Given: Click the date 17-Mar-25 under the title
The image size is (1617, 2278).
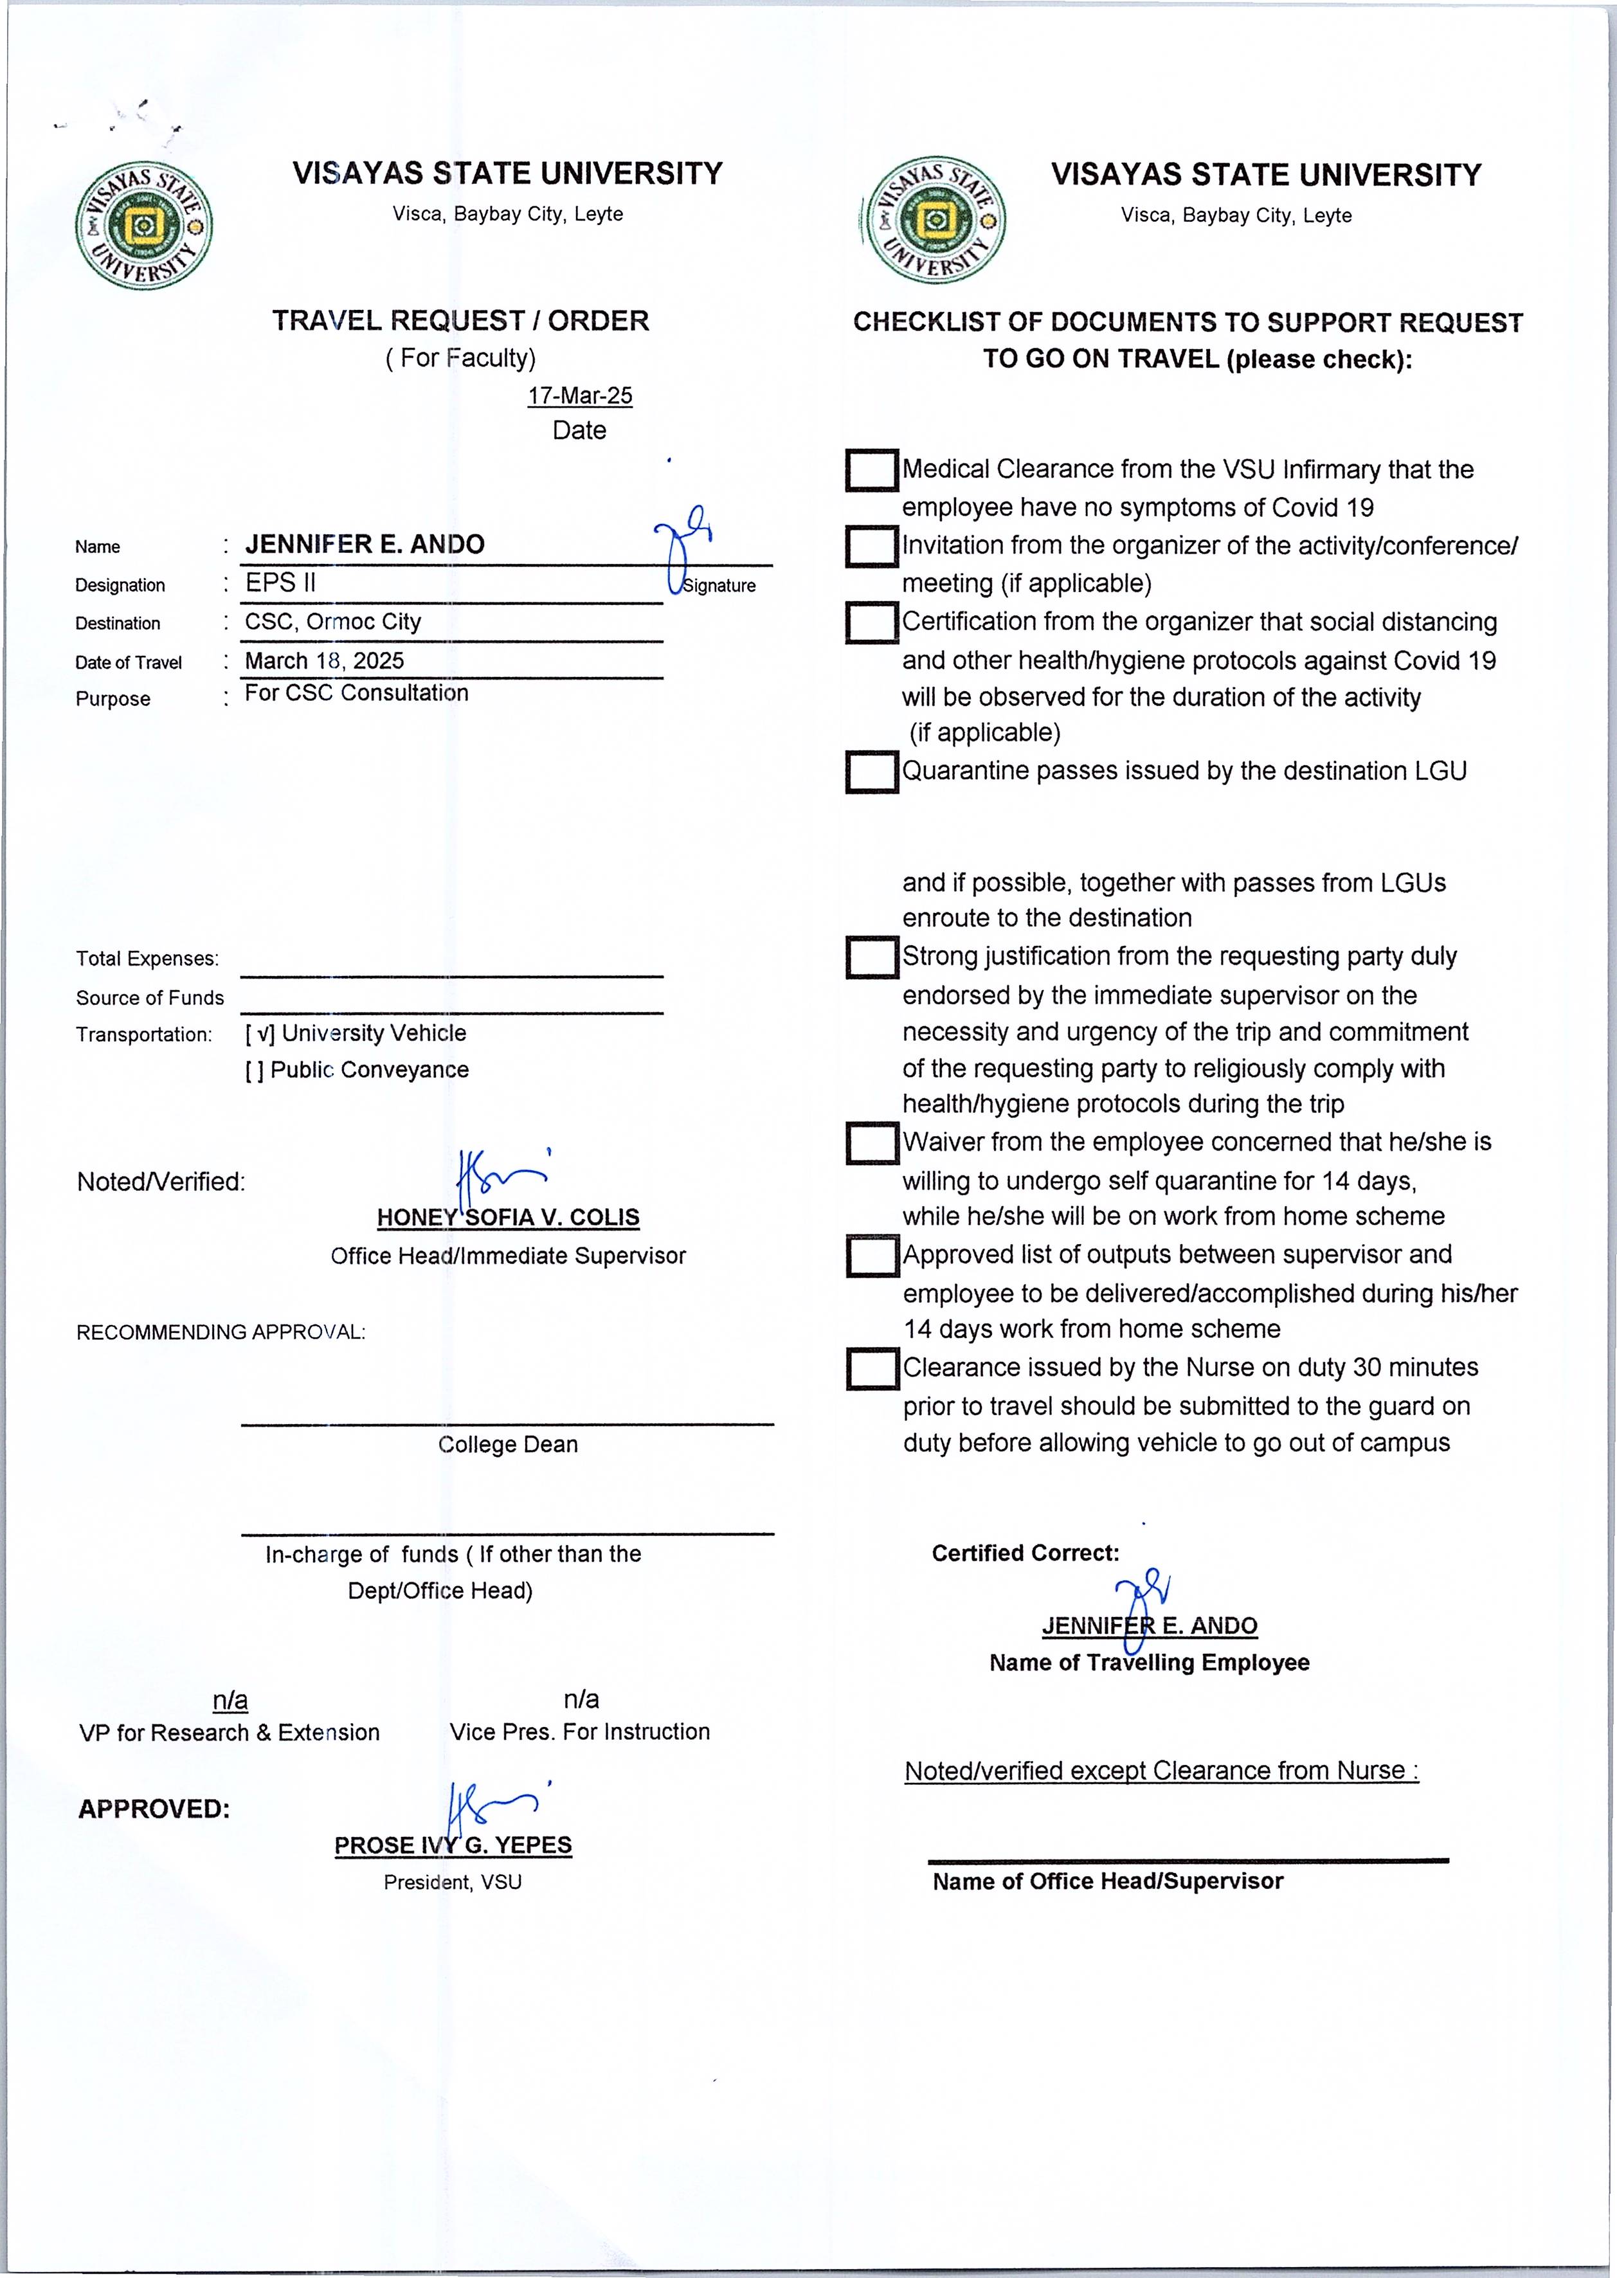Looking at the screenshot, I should pos(579,395).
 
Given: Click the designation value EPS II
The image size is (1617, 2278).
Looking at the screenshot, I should pos(281,583).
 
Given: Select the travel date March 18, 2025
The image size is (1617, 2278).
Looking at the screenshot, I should pos(325,660).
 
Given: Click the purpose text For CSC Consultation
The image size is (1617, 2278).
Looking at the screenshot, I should pos(356,693).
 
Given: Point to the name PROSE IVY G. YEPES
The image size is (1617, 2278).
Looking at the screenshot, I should pos(453,1845).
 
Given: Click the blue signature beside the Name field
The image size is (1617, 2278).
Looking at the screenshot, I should pos(685,546).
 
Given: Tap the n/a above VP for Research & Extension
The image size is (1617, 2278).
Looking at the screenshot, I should pos(230,1699).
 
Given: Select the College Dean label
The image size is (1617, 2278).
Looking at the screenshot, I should pos(508,1445).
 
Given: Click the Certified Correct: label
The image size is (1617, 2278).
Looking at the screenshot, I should pos(1025,1553).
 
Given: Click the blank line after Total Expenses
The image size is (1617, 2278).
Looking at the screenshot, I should pos(452,964).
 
